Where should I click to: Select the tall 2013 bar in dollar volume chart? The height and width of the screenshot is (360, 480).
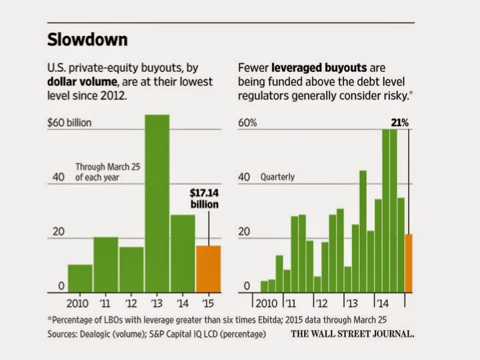pos(157,203)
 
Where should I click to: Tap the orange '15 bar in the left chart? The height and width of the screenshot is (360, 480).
pos(209,269)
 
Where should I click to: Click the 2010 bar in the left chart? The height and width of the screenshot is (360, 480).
pos(80,278)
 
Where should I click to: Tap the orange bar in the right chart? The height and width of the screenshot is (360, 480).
pos(409,263)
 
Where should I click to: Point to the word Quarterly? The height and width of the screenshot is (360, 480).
pos(277,177)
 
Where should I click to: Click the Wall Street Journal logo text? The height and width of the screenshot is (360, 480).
pos(353,333)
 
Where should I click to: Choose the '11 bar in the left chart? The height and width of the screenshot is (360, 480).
pos(106,265)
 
